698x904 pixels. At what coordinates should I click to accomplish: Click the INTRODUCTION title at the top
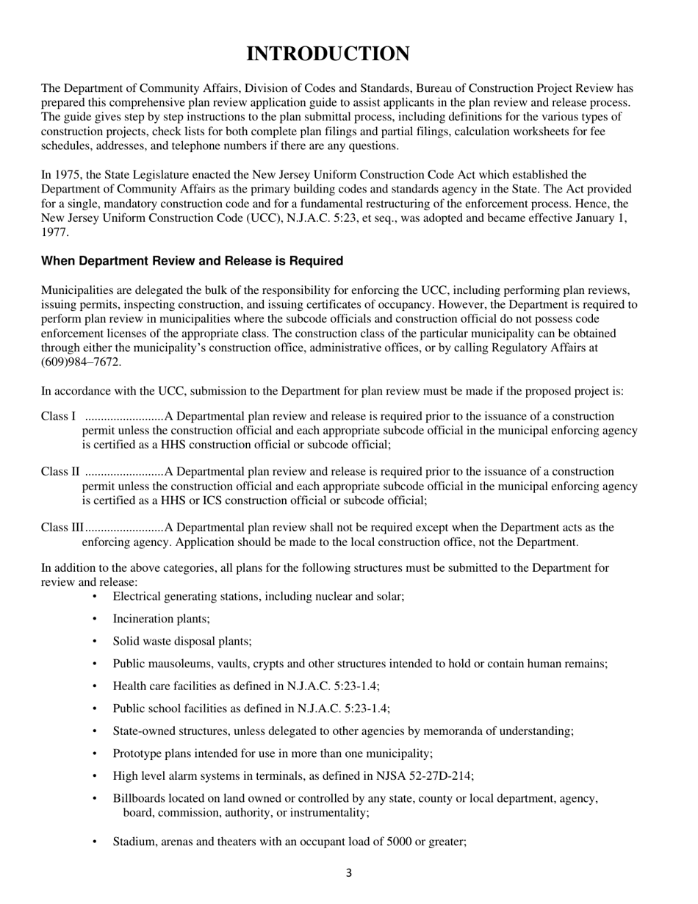328,54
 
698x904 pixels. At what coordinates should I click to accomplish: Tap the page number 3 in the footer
348,873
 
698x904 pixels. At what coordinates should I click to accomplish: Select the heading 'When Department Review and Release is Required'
192,261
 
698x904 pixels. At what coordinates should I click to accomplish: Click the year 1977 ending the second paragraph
54,232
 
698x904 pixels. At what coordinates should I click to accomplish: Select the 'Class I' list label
58,417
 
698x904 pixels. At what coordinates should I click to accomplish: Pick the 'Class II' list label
60,472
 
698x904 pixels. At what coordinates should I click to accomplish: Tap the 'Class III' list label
62,528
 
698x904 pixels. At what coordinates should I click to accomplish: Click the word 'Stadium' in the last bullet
133,842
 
